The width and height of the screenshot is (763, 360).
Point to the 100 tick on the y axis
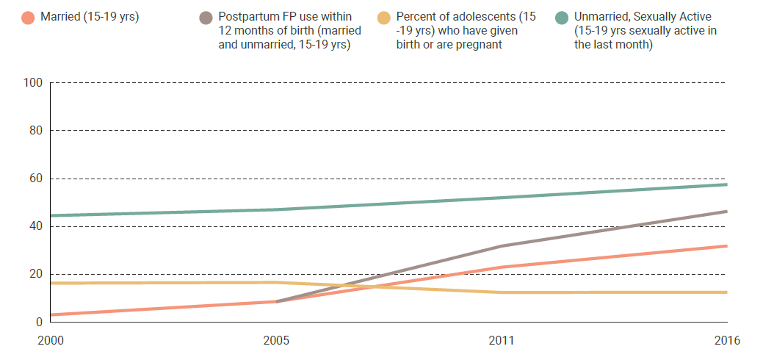(32, 83)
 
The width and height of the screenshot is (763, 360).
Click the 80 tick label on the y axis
(35, 131)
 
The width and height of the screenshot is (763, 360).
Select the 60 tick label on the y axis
(35, 179)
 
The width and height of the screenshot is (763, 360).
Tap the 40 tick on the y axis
(35, 226)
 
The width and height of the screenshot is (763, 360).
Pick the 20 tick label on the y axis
(35, 274)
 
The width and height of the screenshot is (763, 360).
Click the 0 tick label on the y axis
(38, 322)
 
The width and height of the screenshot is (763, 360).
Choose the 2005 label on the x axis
(275, 341)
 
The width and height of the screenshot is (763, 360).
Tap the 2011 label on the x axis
(501, 341)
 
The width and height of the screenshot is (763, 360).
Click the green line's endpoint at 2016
(726, 184)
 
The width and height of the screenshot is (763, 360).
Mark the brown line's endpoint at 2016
(726, 212)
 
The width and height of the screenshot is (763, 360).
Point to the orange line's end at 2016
(726, 246)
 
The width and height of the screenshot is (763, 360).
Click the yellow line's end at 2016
(726, 292)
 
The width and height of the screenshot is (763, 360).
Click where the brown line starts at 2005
(276, 301)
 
